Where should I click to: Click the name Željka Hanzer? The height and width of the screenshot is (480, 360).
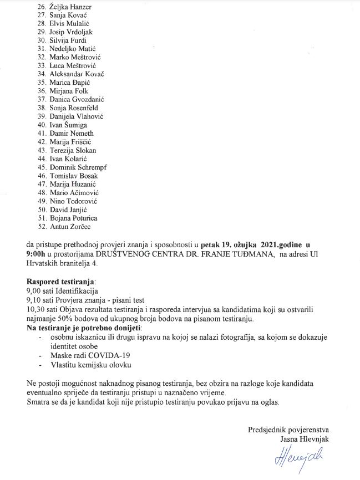click(x=70, y=7)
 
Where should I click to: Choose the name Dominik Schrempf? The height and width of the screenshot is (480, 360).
click(x=78, y=167)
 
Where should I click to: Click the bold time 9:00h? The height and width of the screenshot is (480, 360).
click(x=38, y=253)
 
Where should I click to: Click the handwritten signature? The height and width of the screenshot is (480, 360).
click(x=288, y=458)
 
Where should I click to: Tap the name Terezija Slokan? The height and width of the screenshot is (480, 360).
click(x=74, y=150)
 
